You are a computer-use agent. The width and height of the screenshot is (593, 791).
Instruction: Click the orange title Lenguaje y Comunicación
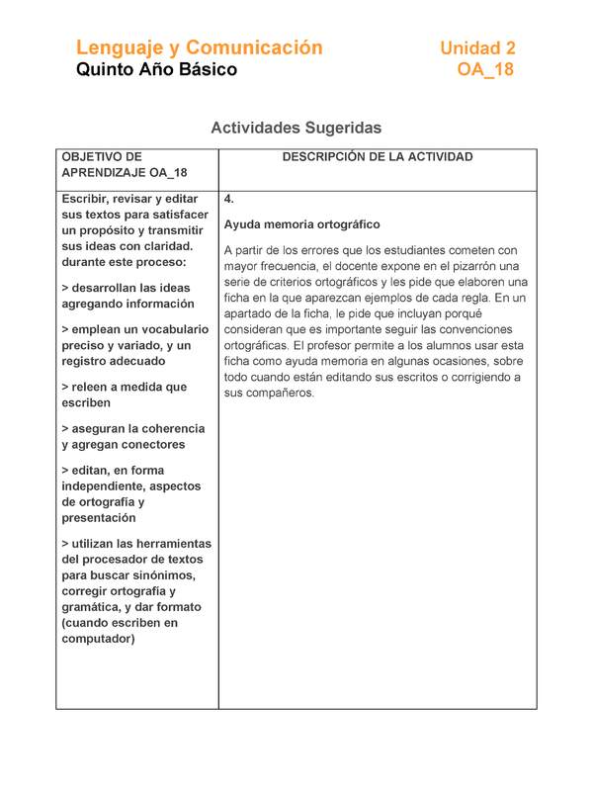[x=199, y=47]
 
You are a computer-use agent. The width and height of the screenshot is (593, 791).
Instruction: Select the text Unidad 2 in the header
[x=477, y=47]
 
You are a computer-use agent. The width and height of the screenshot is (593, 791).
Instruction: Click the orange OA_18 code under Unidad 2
[x=485, y=70]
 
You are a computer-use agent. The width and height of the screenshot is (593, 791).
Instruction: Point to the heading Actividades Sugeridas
[x=296, y=128]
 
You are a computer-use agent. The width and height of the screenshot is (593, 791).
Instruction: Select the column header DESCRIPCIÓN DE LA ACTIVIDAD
[x=378, y=157]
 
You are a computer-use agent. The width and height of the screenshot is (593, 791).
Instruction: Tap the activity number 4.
[x=229, y=199]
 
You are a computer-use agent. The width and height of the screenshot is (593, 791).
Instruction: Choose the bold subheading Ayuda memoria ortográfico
[x=301, y=224]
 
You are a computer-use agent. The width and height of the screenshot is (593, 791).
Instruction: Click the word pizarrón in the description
[x=474, y=266]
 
